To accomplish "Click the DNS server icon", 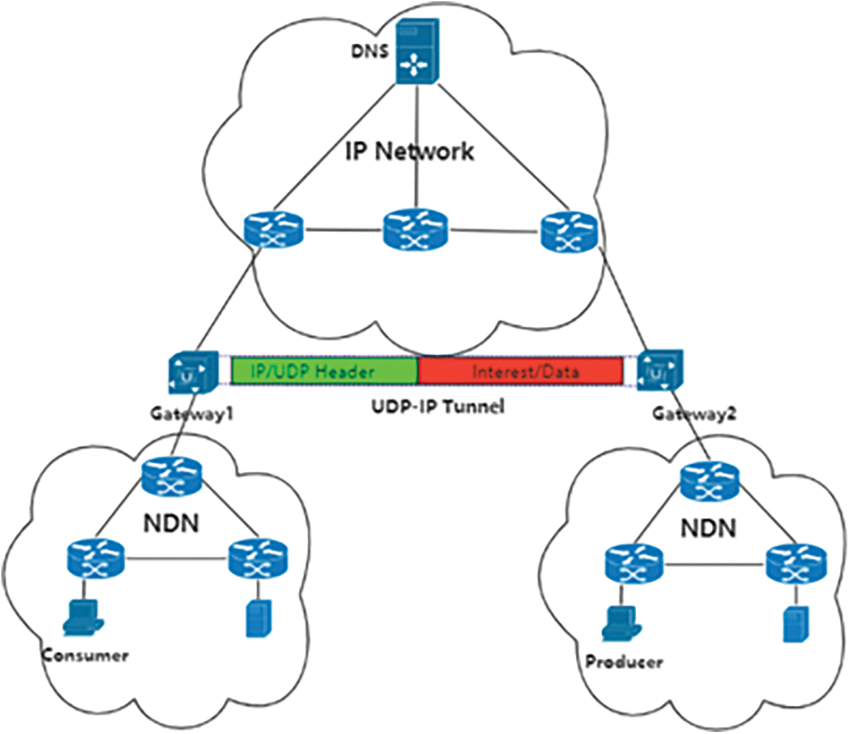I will click(417, 52).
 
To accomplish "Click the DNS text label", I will click(370, 51).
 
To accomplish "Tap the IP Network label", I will click(410, 151).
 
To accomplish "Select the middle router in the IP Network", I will click(415, 230).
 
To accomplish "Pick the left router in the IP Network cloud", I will click(273, 231).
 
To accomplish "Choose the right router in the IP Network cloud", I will click(570, 232).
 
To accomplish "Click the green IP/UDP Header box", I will click(324, 371).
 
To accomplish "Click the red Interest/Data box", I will click(521, 371).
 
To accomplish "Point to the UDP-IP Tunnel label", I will click(438, 407).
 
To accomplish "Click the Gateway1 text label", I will click(192, 413).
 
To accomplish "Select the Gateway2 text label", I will click(694, 413).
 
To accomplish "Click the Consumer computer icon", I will click(82, 618).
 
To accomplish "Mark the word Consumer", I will click(85, 656).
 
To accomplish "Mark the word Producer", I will click(624, 662).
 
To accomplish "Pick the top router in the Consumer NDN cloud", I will click(172, 478).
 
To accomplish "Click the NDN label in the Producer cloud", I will click(708, 528).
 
